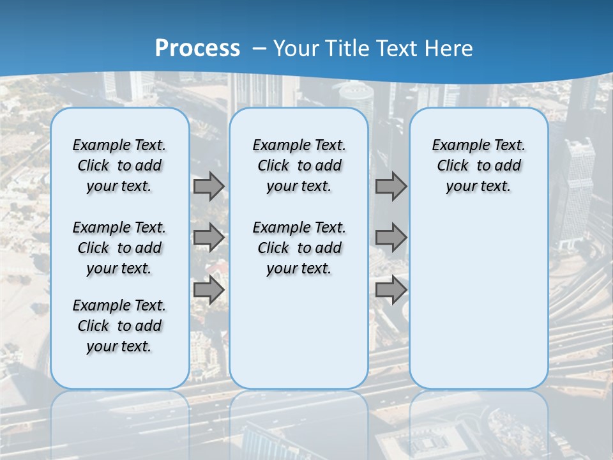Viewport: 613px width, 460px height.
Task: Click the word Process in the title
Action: pyautogui.click(x=197, y=49)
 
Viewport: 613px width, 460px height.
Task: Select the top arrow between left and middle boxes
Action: pyautogui.click(x=209, y=186)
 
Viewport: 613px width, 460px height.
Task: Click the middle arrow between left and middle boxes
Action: pyautogui.click(x=209, y=238)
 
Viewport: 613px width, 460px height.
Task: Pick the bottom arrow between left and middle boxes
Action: pyautogui.click(x=209, y=290)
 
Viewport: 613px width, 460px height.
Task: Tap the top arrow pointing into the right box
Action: pyautogui.click(x=391, y=186)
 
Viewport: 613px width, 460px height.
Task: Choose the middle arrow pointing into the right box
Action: pyautogui.click(x=391, y=238)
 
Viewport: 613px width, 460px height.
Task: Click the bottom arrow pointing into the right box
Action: pyautogui.click(x=391, y=290)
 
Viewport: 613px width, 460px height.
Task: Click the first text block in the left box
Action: pyautogui.click(x=119, y=165)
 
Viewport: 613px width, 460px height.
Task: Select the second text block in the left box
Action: pyautogui.click(x=119, y=248)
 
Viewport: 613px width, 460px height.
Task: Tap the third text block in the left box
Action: pyautogui.click(x=119, y=326)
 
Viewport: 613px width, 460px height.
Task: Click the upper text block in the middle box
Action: pyautogui.click(x=299, y=165)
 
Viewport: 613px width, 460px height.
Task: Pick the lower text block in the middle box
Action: pyautogui.click(x=299, y=248)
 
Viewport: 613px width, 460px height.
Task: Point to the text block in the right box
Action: pyautogui.click(x=478, y=165)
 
